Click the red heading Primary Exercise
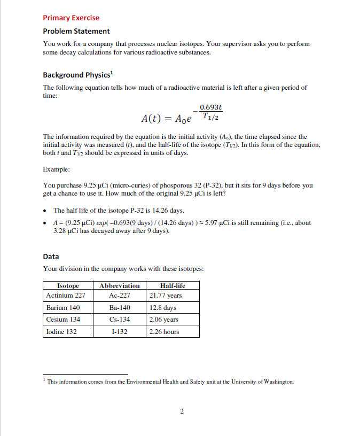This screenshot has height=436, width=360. tap(71, 18)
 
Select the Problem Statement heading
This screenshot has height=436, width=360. tap(76, 31)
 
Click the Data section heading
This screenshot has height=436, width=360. tap(51, 256)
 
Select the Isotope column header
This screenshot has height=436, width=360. tap(68, 286)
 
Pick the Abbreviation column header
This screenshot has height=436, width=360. tap(120, 286)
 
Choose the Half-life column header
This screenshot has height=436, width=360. tap(173, 286)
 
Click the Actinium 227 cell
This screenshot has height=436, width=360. tap(66, 295)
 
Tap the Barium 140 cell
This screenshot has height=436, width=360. tap(63, 308)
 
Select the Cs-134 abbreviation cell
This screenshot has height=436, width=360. tap(120, 320)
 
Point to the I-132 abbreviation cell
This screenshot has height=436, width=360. tap(120, 332)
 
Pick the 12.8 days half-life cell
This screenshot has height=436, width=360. tap(163, 308)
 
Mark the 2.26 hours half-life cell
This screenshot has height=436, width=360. tap(164, 332)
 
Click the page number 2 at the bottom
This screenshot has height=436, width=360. tap(182, 411)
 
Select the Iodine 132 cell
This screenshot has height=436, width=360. tap(61, 332)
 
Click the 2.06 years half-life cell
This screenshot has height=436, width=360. tap(164, 320)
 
